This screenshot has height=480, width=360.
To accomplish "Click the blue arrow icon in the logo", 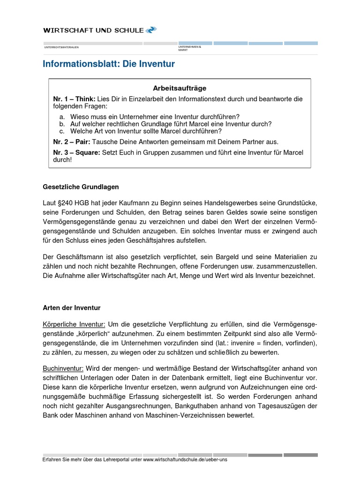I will tap(151, 30).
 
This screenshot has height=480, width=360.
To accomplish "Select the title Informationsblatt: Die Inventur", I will tap(109, 64).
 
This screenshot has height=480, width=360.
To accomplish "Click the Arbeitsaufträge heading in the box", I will tap(180, 88).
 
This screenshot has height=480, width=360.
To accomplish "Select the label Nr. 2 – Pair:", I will tap(72, 142).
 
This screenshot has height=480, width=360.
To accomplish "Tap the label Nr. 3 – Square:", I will tap(76, 152).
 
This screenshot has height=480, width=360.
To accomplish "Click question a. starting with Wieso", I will tap(155, 117).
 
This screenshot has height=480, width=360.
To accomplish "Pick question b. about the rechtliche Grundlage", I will tap(171, 124).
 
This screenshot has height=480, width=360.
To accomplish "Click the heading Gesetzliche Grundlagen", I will tap(81, 187).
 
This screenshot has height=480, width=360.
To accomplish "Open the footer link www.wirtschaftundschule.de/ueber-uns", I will tap(185, 460).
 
